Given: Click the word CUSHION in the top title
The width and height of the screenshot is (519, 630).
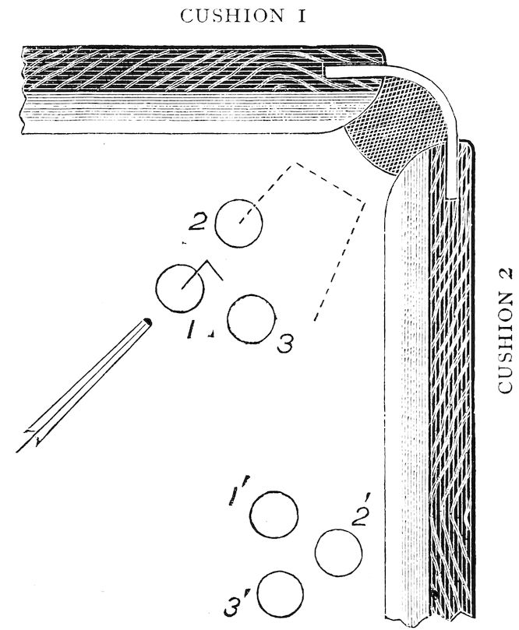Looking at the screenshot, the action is coord(232,16).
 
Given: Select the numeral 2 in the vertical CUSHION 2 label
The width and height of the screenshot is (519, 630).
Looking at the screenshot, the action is coord(505,273).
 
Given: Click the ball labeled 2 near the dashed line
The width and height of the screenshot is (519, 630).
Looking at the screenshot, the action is coord(238,223).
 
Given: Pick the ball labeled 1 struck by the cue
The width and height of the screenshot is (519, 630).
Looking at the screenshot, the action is coord(180,288).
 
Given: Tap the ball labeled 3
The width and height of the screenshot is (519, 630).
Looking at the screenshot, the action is coord(251,319).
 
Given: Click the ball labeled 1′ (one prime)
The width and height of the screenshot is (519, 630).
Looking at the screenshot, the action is coord(274,514).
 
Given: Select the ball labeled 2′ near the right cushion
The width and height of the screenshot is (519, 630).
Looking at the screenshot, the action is coord(338,552).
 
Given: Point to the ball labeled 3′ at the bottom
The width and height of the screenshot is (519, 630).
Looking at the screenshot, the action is coord(281,594).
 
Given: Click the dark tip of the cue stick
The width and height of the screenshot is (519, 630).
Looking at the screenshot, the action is coord(147,322).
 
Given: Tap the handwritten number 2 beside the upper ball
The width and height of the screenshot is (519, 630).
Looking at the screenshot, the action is coord(197,221).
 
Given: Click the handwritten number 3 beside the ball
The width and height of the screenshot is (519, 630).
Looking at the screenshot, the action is coord(285,344).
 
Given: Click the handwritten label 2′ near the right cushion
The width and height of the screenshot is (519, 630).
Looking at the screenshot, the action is coord(360,511).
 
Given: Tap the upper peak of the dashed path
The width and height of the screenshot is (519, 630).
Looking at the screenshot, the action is coord(296,163).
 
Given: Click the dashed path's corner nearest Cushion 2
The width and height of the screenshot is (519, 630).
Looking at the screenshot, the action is coord(365,203).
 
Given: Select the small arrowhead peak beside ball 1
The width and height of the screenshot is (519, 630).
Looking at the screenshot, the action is coord(207,261).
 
